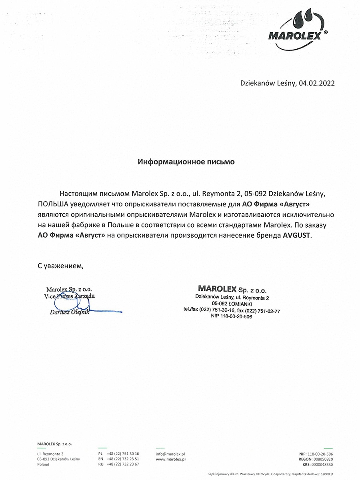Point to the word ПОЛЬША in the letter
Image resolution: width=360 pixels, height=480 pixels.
point(54,204)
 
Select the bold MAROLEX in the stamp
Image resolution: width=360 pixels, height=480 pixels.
point(217,288)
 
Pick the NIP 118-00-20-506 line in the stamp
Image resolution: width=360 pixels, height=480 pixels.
point(231,316)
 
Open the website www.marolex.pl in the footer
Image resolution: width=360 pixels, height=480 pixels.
point(171,459)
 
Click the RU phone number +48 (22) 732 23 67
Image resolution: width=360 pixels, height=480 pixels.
point(123,464)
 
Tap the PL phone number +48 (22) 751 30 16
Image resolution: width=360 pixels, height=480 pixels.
point(123,454)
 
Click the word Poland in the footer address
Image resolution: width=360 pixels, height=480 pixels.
point(43,464)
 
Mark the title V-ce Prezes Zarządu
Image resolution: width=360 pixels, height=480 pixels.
point(70,296)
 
